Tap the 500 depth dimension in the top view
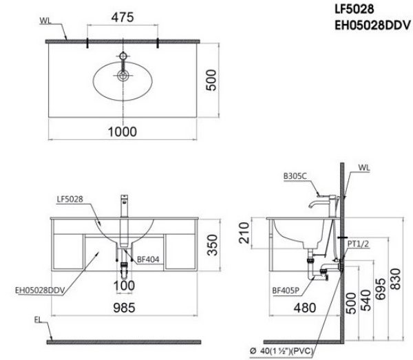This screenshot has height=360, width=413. coord(213,81)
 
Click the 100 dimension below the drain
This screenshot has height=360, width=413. coord(124,284)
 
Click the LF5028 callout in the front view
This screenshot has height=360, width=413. coord(70,199)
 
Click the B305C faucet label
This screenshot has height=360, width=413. coord(295,176)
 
